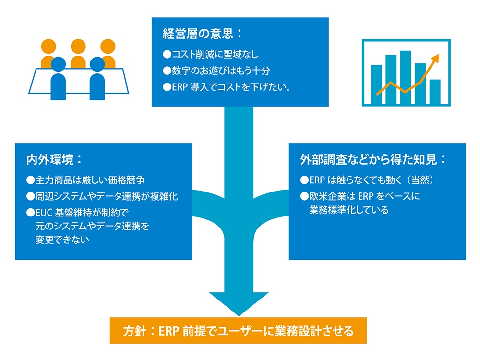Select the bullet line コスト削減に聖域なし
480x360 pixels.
coord(211,55)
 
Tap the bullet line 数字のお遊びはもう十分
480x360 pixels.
coord(216,71)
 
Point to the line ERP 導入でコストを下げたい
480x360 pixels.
coord(227,87)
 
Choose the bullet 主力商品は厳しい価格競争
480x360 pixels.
coord(85,180)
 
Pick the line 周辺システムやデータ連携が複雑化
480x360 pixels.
coord(102,196)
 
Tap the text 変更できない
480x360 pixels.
coord(62,240)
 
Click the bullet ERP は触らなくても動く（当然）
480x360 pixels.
coord(367,180)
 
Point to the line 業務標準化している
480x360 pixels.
coord(349,210)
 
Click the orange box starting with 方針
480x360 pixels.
coord(238,331)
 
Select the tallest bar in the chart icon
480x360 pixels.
coord(406,77)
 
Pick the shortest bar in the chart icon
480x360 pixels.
coord(435,92)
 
